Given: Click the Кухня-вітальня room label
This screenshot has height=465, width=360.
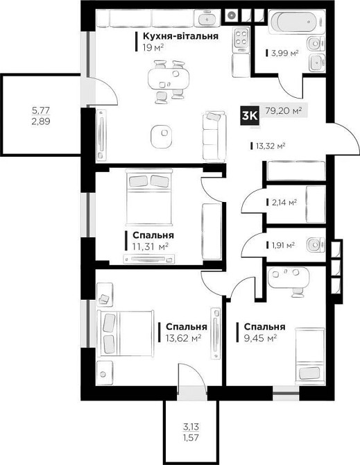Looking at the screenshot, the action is coord(181,36).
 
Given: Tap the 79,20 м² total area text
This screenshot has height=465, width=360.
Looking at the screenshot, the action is coord(284,111).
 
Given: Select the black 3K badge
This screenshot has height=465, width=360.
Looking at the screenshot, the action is coord(250,115).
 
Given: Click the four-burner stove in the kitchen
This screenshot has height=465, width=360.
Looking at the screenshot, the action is coord(241,37).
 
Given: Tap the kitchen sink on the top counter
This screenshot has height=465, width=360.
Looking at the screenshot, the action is coord(206,18).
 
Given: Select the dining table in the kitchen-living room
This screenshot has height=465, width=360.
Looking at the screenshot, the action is coord(169,79).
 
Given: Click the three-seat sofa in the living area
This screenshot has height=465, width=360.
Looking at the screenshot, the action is coord(214,137).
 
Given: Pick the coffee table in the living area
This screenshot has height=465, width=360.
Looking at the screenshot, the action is coord(162,137).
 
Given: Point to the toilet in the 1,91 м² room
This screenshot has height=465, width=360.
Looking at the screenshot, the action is coord(316,245).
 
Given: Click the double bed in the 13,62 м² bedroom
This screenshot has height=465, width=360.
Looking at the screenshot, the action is coord(126,333).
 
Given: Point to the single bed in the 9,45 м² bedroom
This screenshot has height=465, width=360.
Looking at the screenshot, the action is coord(310,356).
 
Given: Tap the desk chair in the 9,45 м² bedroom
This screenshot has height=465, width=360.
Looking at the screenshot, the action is coord(297,292).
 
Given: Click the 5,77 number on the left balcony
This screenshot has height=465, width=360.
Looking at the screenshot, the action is coord(41,111).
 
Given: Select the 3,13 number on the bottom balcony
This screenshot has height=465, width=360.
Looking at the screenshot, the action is coord(191,427).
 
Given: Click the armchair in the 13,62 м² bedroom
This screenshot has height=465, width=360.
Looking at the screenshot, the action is coord(105,294).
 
